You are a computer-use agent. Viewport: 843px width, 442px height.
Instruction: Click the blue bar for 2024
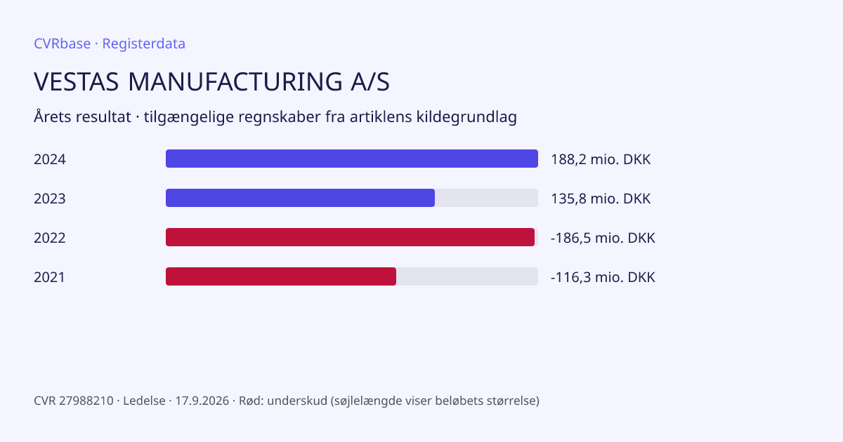352,159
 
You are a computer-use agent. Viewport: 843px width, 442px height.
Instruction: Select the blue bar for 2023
301,198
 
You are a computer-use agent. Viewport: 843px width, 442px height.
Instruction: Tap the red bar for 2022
350,237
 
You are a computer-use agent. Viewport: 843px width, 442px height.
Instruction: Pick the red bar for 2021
281,276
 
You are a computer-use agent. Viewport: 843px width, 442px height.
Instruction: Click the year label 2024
50,159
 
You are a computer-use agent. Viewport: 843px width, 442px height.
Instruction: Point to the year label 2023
50,199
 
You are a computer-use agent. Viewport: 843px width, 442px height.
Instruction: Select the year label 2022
50,238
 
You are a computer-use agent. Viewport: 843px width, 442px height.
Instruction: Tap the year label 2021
49,277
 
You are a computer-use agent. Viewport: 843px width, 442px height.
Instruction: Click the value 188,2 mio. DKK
601,159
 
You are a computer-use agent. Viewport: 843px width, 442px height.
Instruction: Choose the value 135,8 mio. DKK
601,199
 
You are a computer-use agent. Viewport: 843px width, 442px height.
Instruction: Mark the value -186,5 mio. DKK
603,238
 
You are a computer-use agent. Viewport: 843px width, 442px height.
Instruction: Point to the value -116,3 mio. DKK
603,277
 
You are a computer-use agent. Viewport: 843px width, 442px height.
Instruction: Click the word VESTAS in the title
77,81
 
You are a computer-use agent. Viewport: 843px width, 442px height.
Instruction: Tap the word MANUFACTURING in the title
235,81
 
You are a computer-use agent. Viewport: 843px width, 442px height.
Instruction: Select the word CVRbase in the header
62,43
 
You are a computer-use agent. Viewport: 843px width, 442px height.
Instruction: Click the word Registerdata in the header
144,44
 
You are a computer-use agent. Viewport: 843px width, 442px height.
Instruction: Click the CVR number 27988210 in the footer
86,401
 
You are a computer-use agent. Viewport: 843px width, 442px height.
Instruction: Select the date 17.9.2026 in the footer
202,401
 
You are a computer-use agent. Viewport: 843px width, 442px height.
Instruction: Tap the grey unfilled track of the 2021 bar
467,276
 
